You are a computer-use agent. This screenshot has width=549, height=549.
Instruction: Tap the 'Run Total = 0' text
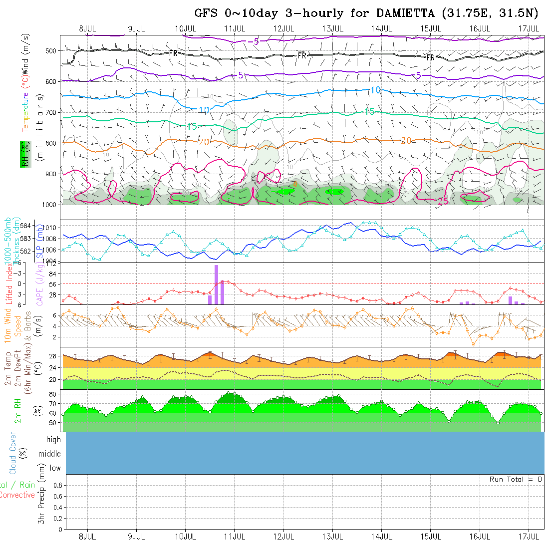(x=516, y=479)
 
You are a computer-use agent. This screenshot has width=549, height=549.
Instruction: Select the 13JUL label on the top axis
(x=332, y=28)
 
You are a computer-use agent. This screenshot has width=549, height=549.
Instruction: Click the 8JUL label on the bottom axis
(x=87, y=537)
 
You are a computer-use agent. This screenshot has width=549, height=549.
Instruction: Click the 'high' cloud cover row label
(x=53, y=440)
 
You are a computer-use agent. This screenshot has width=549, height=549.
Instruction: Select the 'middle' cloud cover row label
(x=49, y=454)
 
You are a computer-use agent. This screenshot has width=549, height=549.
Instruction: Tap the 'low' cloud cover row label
(x=55, y=468)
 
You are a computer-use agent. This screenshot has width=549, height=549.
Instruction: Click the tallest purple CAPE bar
(x=216, y=284)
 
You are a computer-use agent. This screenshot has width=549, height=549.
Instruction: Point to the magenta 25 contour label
(x=443, y=201)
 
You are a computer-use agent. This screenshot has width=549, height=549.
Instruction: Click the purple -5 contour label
(x=256, y=41)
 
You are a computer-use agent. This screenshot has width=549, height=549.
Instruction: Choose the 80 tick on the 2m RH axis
(x=51, y=394)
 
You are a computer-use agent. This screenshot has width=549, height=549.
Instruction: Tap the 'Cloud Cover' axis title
(x=13, y=454)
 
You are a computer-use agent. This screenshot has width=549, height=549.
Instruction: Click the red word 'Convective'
(x=17, y=495)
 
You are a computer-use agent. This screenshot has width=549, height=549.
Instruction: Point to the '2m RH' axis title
(x=18, y=410)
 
